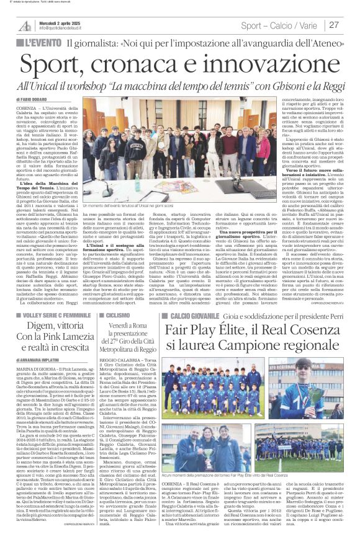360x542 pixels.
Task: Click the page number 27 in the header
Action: coord(333,25)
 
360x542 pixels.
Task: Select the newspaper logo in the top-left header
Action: coord(25,25)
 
